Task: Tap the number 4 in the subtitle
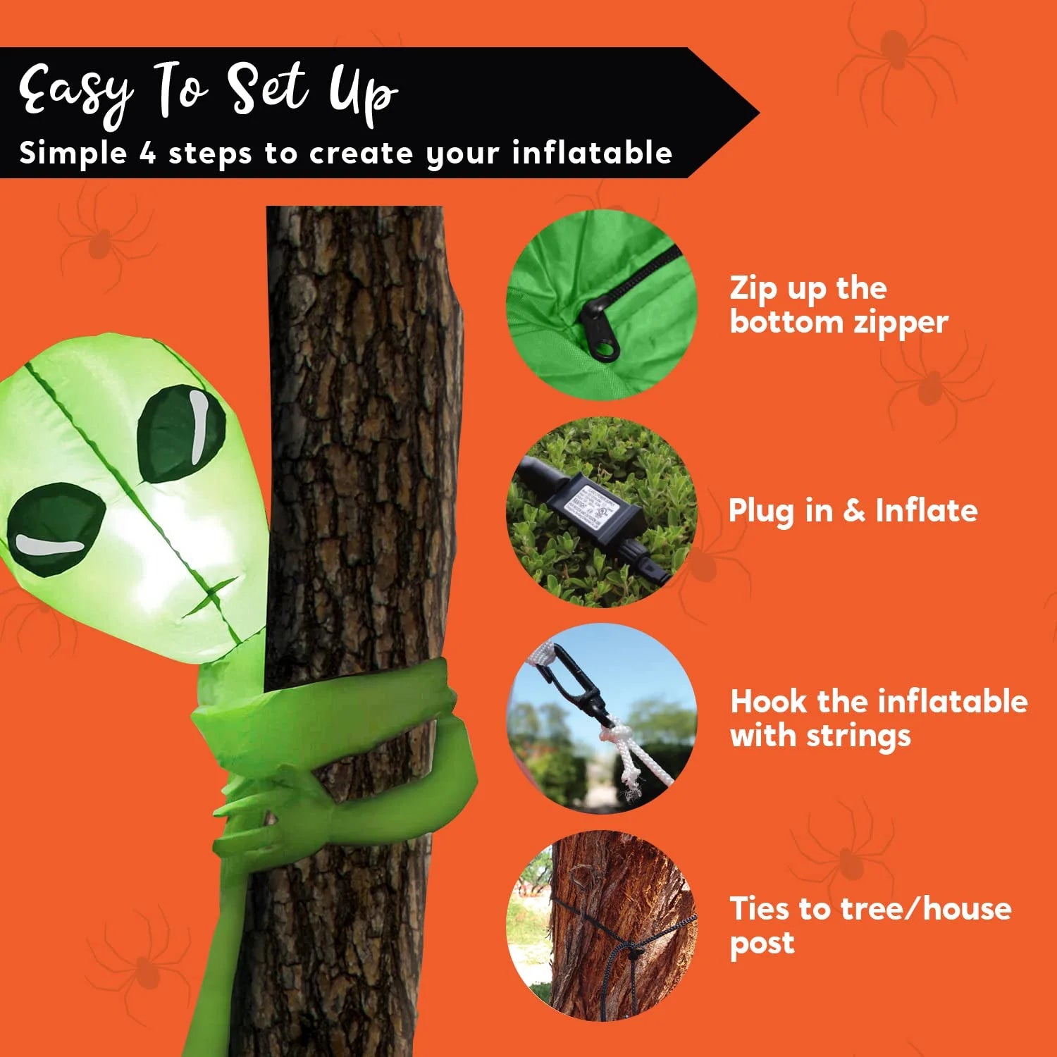(147, 153)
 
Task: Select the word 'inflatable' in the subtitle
(592, 153)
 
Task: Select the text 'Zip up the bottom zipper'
(838, 304)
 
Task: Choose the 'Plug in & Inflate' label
(853, 510)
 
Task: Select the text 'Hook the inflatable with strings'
(878, 718)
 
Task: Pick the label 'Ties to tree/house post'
(870, 925)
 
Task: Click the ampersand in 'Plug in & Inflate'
(853, 510)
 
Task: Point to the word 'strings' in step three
(858, 736)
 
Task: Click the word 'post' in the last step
(762, 944)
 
